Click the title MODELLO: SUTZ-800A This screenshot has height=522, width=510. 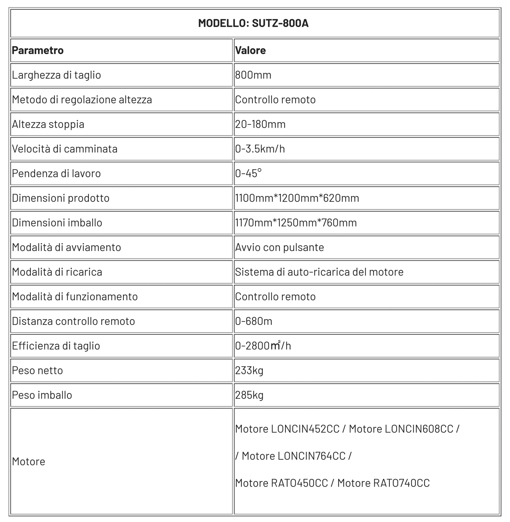[x=253, y=23]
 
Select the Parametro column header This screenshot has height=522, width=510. [x=38, y=50]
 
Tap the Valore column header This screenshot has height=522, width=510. [x=251, y=50]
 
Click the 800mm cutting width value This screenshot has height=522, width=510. [x=253, y=75]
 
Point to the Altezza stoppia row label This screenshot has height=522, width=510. [x=48, y=124]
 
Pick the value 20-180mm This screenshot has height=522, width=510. [x=260, y=124]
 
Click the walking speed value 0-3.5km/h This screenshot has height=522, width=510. [x=260, y=149]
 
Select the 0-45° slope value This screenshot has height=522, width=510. [x=248, y=173]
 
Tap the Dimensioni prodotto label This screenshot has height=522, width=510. [x=61, y=198]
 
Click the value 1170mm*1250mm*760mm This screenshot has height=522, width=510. [x=296, y=223]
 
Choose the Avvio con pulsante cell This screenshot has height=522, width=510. [x=280, y=247]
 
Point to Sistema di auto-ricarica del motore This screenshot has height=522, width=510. [x=319, y=272]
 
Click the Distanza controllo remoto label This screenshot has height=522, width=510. [x=73, y=321]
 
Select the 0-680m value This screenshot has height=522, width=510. [x=254, y=321]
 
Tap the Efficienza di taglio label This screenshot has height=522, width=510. [x=56, y=346]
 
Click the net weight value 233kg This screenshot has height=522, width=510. [x=249, y=370]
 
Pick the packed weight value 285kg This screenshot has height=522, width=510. [x=249, y=395]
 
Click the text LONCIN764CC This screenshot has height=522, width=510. [x=311, y=456]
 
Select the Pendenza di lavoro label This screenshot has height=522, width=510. [x=56, y=174]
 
